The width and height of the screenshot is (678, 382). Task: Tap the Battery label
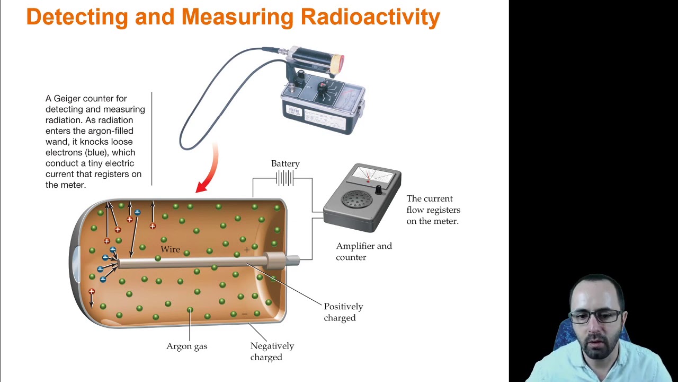tap(285, 164)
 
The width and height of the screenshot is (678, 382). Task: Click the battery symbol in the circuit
tap(284, 178)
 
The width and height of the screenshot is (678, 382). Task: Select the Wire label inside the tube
tap(170, 249)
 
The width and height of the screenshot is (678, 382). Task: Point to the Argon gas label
tap(186, 346)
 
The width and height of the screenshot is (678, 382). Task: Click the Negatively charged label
tap(272, 351)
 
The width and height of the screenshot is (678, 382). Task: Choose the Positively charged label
tap(343, 312)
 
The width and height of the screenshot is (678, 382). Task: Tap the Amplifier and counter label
tap(363, 251)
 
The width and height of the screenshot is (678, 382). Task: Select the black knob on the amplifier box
tap(378, 189)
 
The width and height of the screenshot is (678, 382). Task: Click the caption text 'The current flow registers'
tap(433, 204)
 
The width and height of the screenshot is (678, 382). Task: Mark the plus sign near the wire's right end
tap(246, 249)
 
